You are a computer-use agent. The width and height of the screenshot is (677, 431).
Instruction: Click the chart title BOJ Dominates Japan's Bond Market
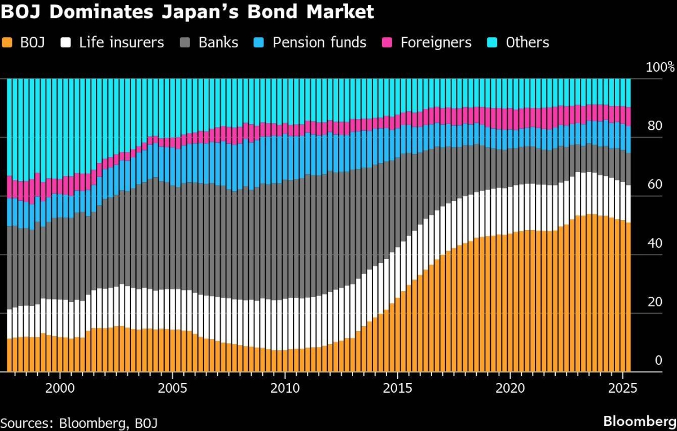pos(187,12)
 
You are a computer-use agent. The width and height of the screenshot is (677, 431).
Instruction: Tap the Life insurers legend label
pos(121,43)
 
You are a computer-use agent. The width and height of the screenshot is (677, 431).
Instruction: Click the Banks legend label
pos(218,43)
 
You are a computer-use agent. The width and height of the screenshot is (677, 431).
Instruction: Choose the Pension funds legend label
pos(319,43)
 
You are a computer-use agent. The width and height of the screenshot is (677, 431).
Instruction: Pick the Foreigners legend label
pos(436,43)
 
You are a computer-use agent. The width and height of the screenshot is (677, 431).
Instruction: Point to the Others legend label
pos(527,43)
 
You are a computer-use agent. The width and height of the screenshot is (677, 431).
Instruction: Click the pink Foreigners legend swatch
pos(387,43)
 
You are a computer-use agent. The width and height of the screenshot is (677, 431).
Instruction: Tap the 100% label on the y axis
pos(660,67)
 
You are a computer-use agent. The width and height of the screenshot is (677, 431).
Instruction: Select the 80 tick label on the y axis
pos(654,126)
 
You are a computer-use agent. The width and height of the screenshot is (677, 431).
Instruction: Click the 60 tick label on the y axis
pos(654,184)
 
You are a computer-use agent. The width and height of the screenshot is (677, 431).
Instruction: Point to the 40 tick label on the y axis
pos(654,243)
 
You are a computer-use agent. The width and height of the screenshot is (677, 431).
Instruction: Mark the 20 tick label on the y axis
pos(654,302)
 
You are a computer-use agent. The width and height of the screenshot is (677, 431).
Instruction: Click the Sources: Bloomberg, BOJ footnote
pos(79,423)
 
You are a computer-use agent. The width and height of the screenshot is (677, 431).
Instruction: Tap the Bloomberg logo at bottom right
pos(639,421)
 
